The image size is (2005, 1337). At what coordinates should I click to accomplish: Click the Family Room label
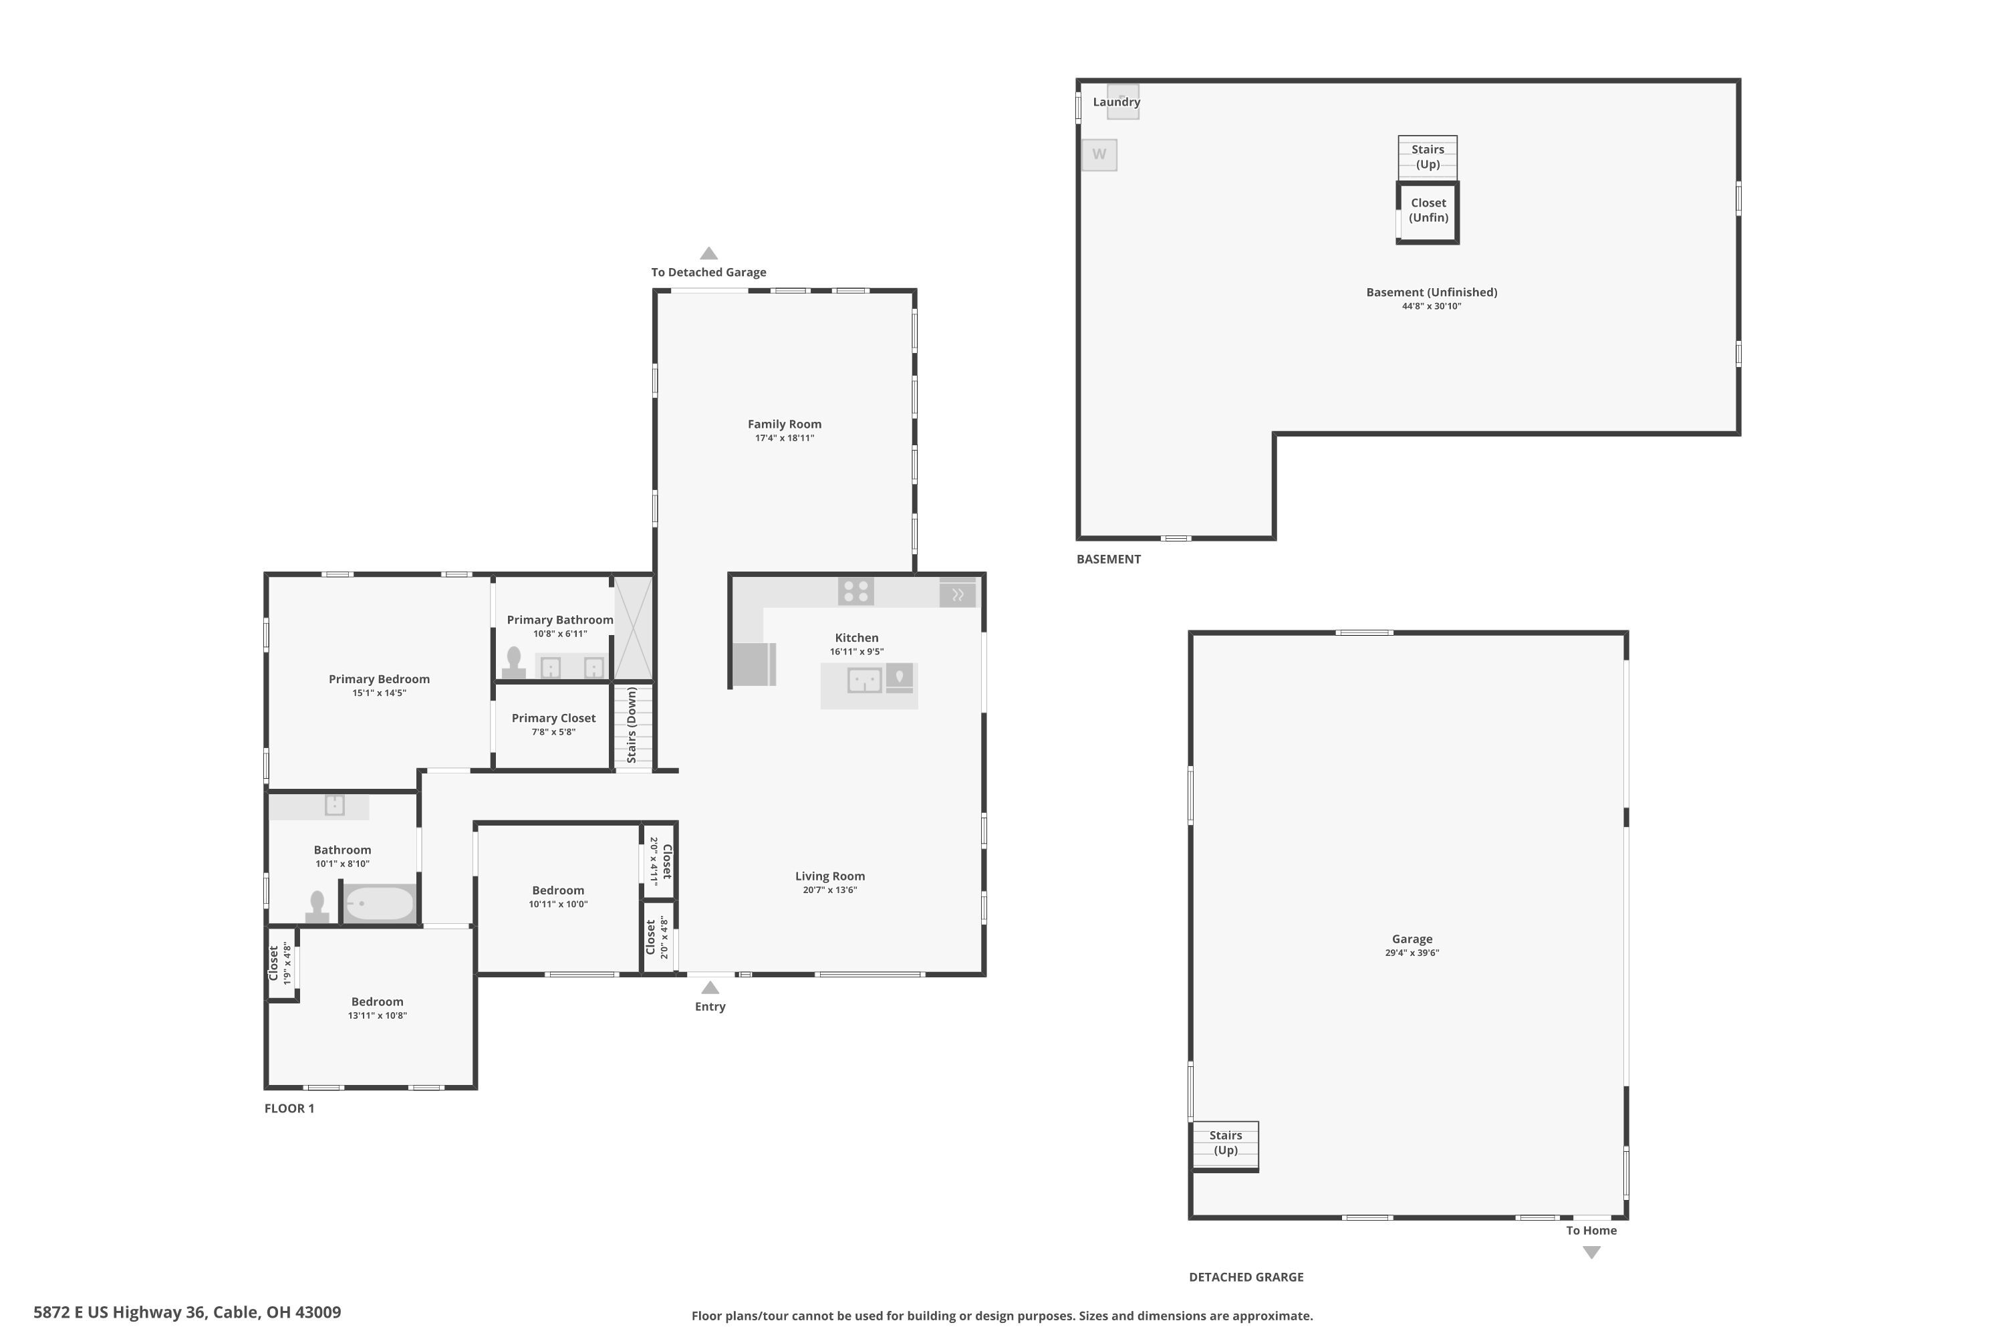click(x=784, y=424)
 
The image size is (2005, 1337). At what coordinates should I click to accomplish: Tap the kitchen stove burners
click(x=856, y=591)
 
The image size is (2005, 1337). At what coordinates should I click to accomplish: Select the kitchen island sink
click(x=864, y=681)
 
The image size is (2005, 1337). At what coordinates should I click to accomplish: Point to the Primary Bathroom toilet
click(x=514, y=662)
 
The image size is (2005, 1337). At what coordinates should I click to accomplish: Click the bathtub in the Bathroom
click(x=380, y=903)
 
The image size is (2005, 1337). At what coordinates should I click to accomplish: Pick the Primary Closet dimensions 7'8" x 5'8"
click(x=554, y=731)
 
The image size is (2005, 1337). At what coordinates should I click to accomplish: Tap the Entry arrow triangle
click(x=710, y=987)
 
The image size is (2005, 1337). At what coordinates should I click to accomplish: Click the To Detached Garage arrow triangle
click(x=708, y=253)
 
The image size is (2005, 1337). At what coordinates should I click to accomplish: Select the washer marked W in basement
click(x=1099, y=155)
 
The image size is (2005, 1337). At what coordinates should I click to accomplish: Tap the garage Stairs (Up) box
click(x=1225, y=1145)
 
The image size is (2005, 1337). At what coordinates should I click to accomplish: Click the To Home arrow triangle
click(x=1591, y=1251)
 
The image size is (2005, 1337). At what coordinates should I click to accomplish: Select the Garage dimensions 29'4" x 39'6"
click(x=1412, y=953)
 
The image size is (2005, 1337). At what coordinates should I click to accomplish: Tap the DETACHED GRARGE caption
click(x=1246, y=1276)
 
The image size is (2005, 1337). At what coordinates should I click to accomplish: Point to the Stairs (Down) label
click(x=632, y=725)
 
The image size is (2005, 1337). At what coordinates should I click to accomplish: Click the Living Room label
click(x=830, y=876)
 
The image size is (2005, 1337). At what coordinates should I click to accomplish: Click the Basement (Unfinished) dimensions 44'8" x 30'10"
click(x=1432, y=306)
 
